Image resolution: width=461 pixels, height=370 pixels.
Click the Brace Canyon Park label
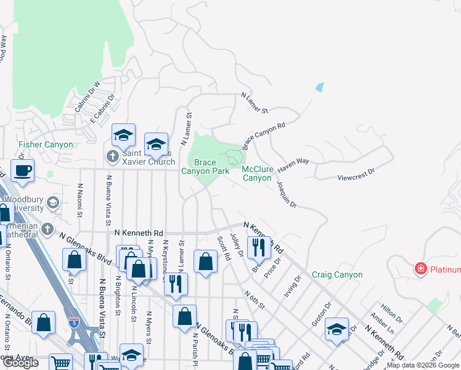tap(205, 166)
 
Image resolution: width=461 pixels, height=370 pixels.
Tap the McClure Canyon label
tap(257, 173)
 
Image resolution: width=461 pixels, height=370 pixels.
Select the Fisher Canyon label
tap(46, 145)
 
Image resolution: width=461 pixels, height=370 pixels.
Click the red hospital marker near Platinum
tap(421, 269)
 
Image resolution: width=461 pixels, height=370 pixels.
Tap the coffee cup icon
tap(23, 171)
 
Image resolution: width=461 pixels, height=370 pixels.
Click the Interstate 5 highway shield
tap(74, 322)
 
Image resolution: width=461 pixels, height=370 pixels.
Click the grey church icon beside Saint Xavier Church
tap(112, 157)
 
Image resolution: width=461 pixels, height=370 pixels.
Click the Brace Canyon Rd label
tap(264, 136)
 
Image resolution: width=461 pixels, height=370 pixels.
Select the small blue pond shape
tap(319, 87)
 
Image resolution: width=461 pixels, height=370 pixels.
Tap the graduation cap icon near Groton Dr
tap(337, 329)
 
